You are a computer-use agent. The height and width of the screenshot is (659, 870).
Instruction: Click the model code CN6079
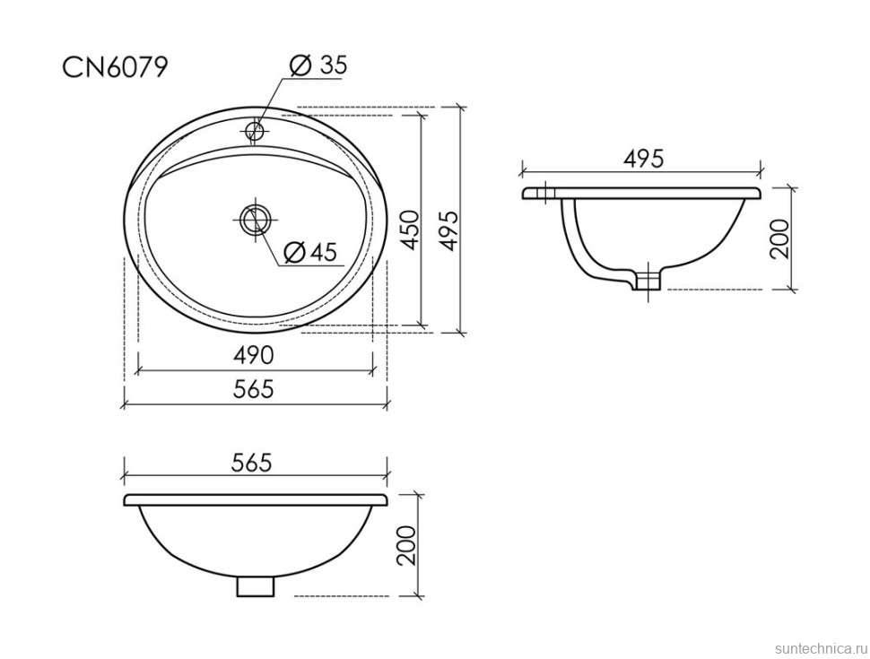tap(114, 67)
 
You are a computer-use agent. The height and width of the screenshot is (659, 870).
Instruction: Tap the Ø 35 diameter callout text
tap(318, 65)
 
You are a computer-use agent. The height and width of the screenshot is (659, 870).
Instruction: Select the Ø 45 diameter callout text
tap(310, 253)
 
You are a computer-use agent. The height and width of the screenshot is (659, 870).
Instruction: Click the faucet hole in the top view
tap(256, 131)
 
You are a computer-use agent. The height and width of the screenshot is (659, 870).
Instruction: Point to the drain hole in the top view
tap(256, 219)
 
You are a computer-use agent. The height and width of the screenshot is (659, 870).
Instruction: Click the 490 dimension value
tap(253, 355)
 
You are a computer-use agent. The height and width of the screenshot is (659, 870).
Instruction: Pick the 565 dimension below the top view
tap(253, 389)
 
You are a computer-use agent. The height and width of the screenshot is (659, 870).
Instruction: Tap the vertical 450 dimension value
tap(409, 230)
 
